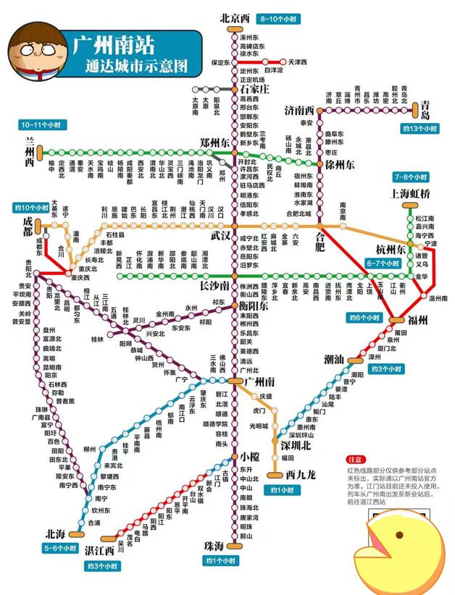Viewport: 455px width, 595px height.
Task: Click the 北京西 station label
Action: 235,18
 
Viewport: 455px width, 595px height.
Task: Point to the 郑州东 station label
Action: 214,142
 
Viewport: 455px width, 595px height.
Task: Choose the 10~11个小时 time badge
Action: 45,125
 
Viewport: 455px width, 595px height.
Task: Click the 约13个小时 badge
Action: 419,128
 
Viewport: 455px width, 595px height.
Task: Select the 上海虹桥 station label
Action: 411,193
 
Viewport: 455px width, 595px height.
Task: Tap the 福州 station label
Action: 418,320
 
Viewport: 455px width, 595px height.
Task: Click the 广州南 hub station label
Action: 259,381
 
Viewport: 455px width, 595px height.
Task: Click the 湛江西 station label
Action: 99,550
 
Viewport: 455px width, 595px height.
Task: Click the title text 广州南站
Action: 113,45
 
